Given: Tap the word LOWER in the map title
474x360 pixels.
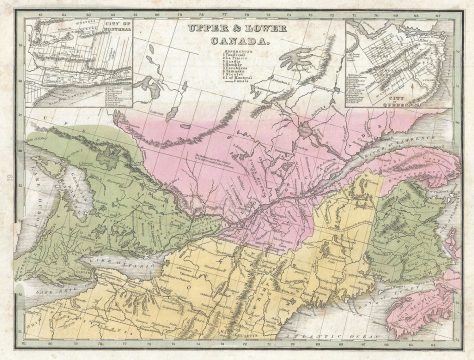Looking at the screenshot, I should point(247,32).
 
